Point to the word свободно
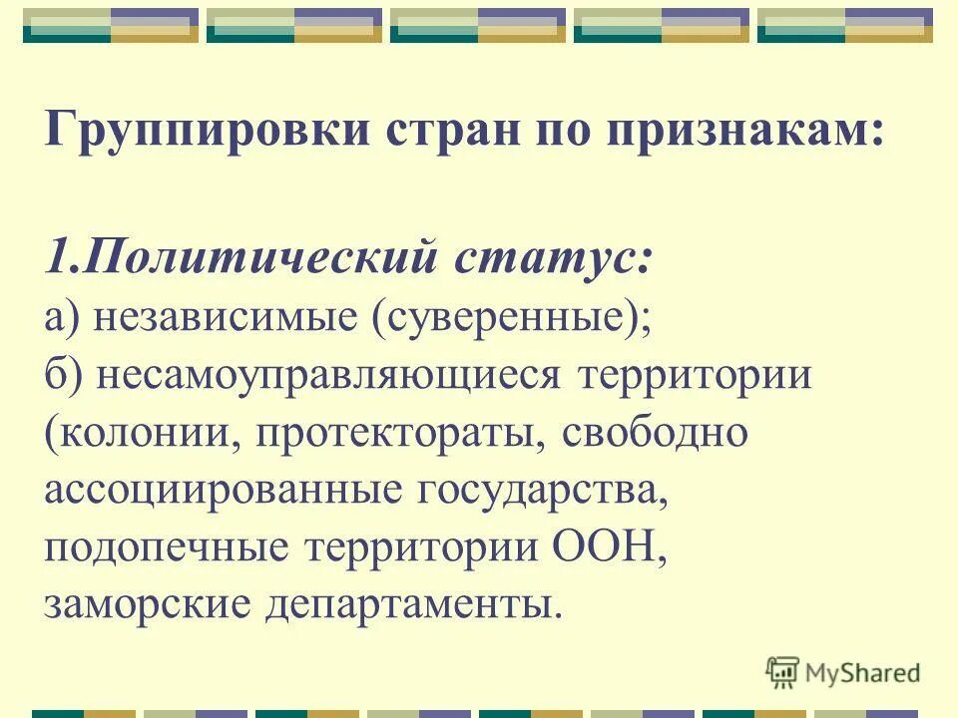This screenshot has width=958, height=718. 654,434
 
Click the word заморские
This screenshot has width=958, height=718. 149,605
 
